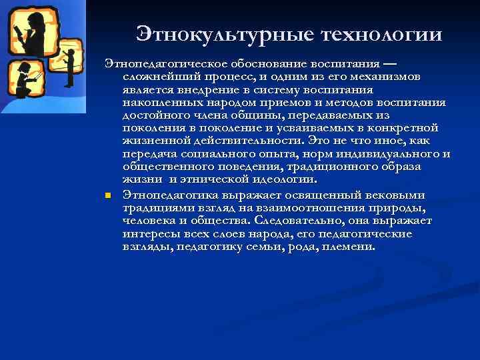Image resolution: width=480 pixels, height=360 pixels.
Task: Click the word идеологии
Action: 283,179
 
